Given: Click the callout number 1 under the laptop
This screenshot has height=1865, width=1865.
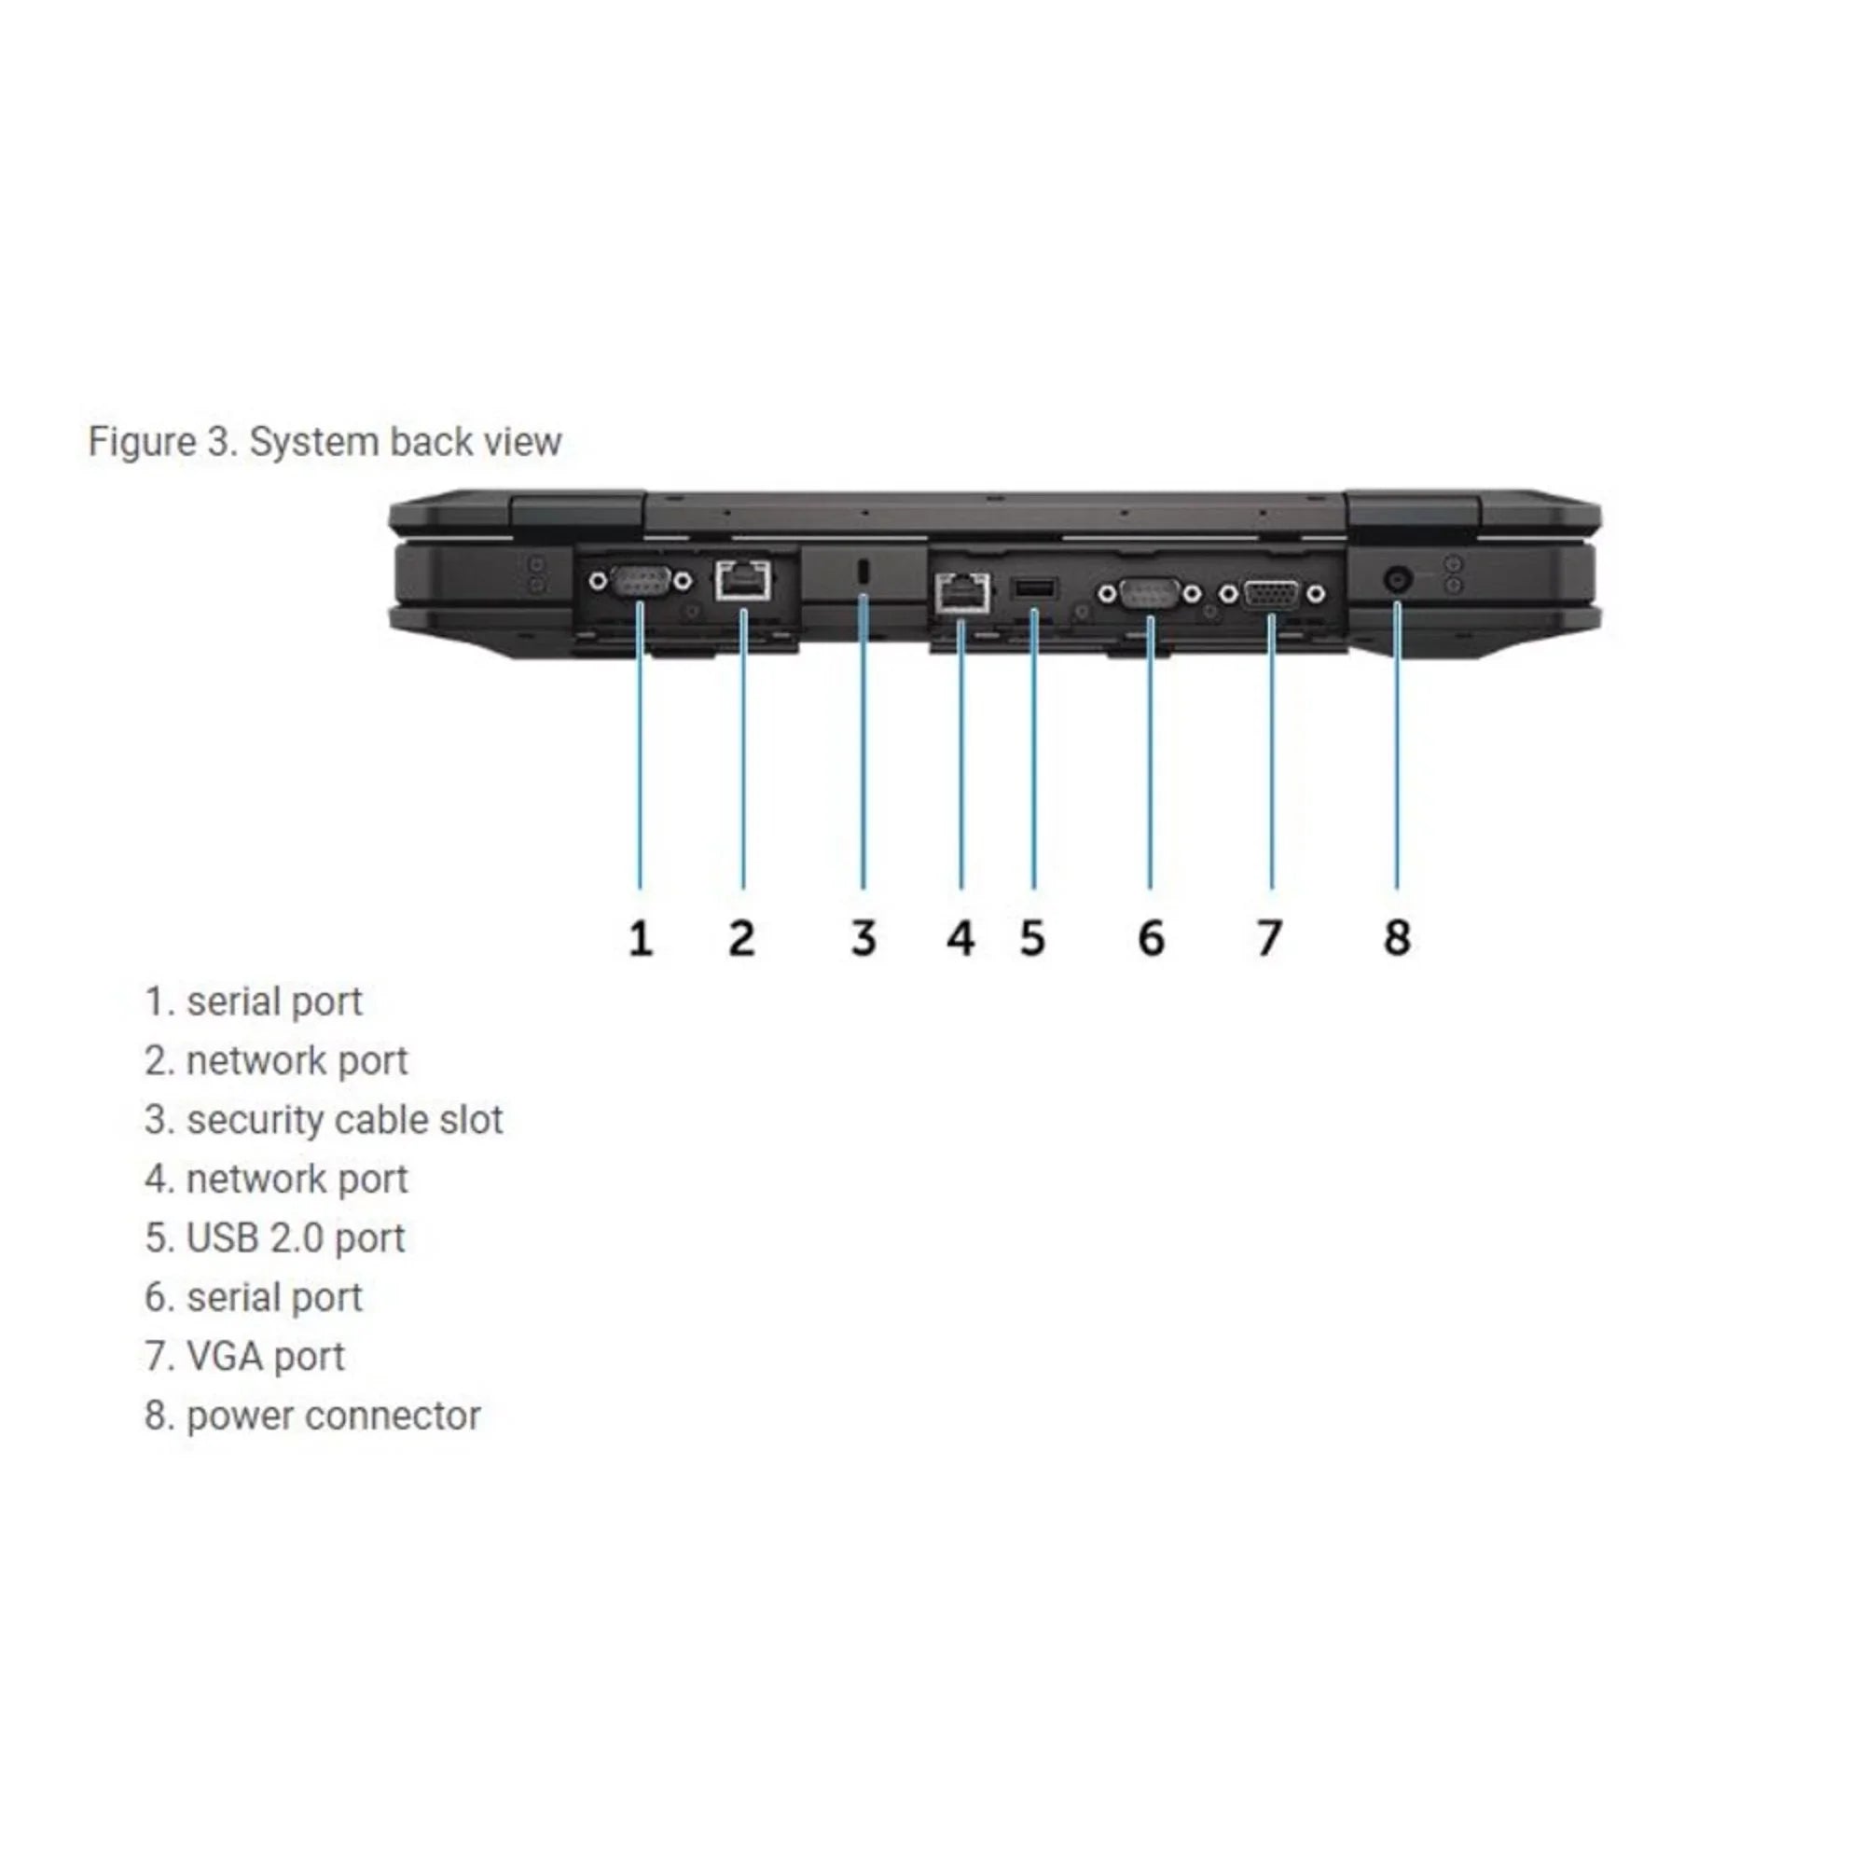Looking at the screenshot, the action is (x=640, y=937).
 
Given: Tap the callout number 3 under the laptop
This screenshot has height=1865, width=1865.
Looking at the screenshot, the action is (x=863, y=937).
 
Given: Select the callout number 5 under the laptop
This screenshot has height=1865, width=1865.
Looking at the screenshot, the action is (x=1032, y=937).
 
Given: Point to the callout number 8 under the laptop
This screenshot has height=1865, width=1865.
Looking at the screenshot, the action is (x=1397, y=937).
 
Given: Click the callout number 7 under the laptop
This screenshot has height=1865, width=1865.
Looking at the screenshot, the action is (x=1268, y=937).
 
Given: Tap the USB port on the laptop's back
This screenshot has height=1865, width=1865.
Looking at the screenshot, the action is (x=1034, y=587).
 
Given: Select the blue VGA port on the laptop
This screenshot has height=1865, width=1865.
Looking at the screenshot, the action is (x=1270, y=594).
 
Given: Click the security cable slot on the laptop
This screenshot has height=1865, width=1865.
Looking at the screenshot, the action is (x=863, y=572).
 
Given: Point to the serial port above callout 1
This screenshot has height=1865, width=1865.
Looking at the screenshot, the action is (x=641, y=581).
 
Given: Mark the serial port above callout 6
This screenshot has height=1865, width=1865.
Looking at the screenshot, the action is (x=1150, y=594).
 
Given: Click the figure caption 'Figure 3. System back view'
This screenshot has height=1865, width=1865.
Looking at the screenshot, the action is (x=325, y=442).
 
